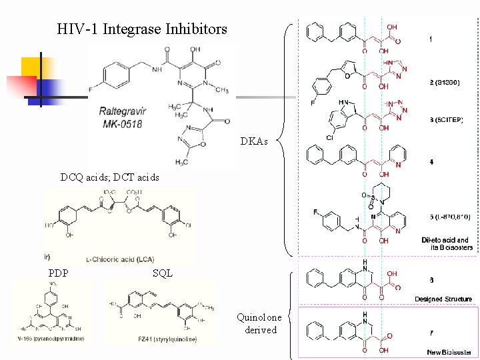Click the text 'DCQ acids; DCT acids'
pyautogui.click(x=110, y=177)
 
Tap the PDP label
pyautogui.click(x=58, y=273)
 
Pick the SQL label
pyautogui.click(x=162, y=273)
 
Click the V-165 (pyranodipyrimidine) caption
pyautogui.click(x=49, y=338)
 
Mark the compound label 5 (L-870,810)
pyautogui.click(x=450, y=217)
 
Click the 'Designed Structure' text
pyautogui.click(x=443, y=299)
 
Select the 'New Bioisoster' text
pyautogui.click(x=449, y=352)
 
